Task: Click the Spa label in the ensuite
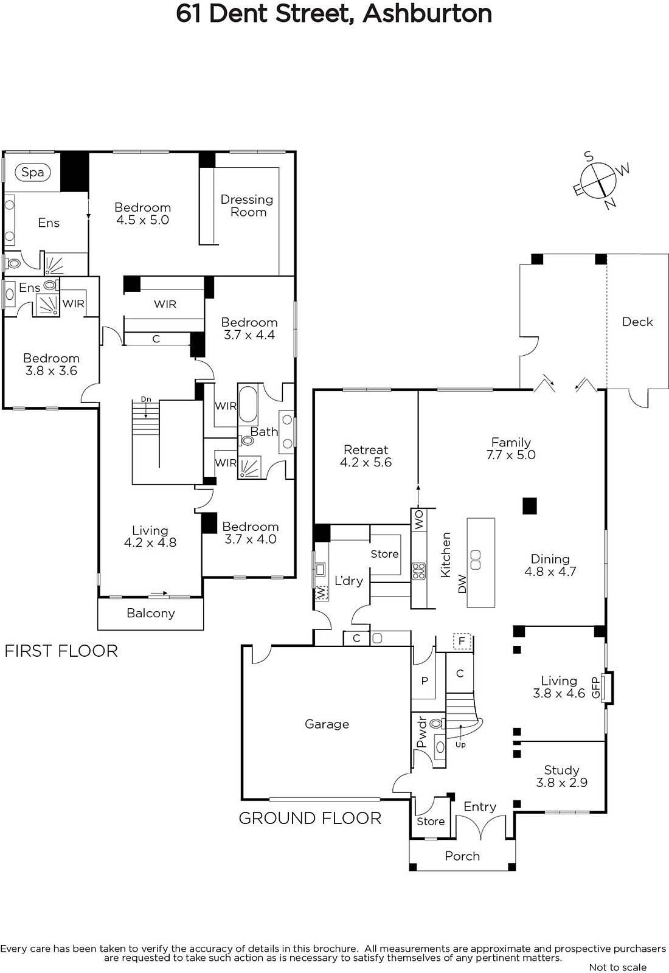click(33, 173)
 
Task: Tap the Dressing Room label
click(247, 206)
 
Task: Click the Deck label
click(637, 322)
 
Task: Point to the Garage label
click(327, 724)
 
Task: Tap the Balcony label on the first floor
click(151, 614)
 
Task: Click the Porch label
click(462, 856)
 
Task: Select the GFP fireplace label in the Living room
click(595, 688)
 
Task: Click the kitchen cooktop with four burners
click(419, 571)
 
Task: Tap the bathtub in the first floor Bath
click(248, 403)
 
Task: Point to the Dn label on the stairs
click(146, 399)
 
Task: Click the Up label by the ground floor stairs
click(460, 744)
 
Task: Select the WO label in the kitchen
click(419, 519)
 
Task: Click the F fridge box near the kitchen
click(462, 641)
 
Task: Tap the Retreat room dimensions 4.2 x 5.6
click(366, 462)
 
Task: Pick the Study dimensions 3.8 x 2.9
click(562, 783)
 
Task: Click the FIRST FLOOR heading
click(61, 651)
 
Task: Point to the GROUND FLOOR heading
click(310, 819)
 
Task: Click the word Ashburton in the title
click(428, 13)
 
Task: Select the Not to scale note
click(618, 968)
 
